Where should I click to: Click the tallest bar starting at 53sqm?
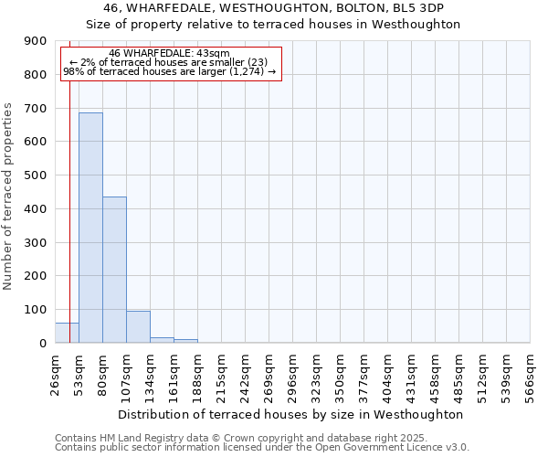[x=90, y=228]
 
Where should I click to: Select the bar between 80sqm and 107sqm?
[x=114, y=270]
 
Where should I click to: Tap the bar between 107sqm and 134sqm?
[x=138, y=327]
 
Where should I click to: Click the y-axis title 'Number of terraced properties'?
[x=8, y=196]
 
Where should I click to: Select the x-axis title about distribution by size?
[x=291, y=414]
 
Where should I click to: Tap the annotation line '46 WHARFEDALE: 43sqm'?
[x=169, y=54]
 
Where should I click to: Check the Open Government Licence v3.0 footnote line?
[x=262, y=448]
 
